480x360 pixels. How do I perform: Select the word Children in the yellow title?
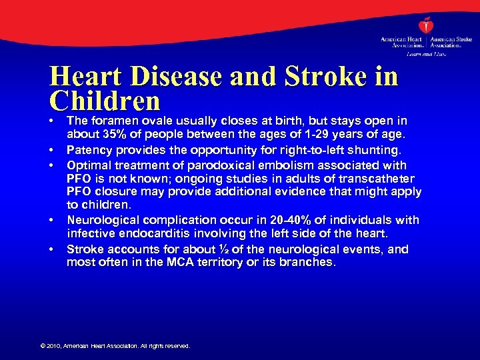(105, 101)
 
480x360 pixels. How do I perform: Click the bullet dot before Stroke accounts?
(52, 249)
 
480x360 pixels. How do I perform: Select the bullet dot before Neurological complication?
(52, 219)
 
